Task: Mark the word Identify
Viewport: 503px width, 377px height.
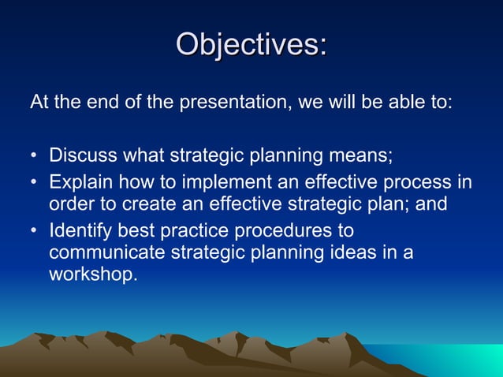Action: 80,232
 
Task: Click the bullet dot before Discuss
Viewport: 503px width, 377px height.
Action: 35,155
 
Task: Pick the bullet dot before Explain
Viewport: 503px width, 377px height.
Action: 35,184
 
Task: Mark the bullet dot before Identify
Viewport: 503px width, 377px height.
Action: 35,233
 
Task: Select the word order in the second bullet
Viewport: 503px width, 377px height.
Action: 69,205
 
